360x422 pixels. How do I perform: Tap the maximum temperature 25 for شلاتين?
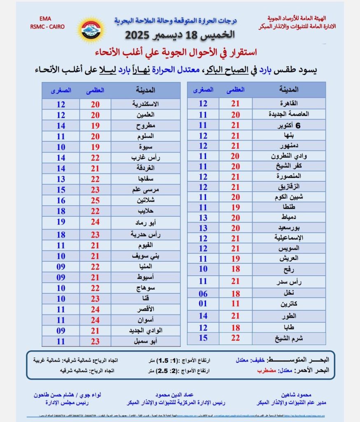pos(96,200)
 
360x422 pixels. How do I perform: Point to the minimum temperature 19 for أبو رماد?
pos(61,223)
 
